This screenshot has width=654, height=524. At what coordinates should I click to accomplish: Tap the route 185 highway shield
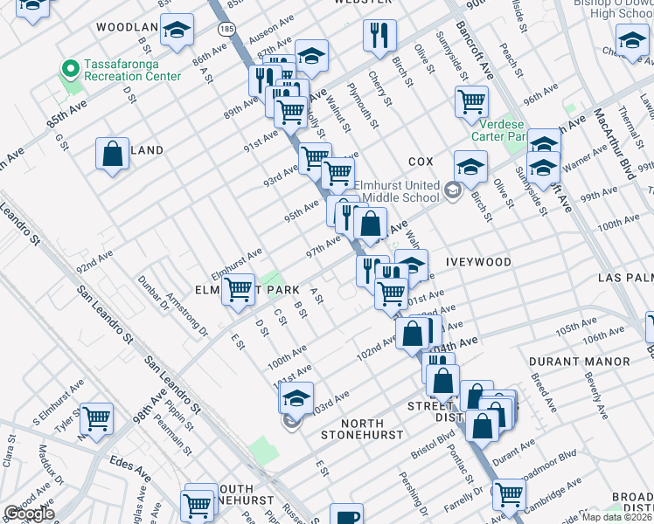coord(226,29)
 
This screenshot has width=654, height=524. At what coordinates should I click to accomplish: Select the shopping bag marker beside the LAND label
coord(113,155)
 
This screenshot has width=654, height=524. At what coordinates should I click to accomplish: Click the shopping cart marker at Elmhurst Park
coord(238,290)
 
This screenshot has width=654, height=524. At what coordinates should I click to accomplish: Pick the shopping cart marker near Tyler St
coord(96,418)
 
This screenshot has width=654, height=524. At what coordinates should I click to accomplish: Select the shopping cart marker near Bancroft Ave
coord(471,101)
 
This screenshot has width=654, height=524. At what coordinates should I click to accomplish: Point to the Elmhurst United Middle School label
coord(396,191)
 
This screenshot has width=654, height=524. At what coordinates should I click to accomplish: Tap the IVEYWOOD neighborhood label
coord(478,261)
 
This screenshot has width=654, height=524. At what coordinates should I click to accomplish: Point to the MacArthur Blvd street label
coord(613,144)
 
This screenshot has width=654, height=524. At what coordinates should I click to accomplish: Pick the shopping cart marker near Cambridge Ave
coord(509,494)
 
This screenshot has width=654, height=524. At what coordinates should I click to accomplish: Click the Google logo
coord(29,514)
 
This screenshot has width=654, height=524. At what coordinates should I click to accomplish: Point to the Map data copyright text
coord(616,517)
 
